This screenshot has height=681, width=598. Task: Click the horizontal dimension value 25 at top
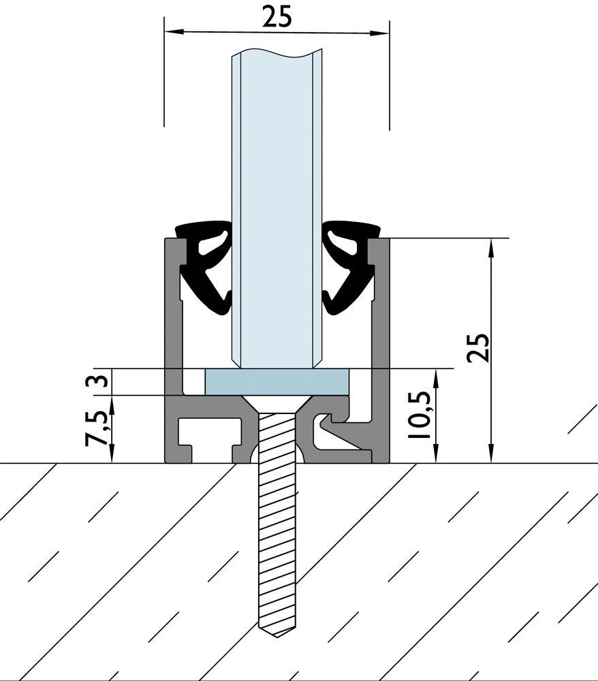coord(277,16)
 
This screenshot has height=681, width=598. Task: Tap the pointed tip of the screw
coord(277,633)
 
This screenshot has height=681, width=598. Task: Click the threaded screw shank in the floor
coord(277,531)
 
